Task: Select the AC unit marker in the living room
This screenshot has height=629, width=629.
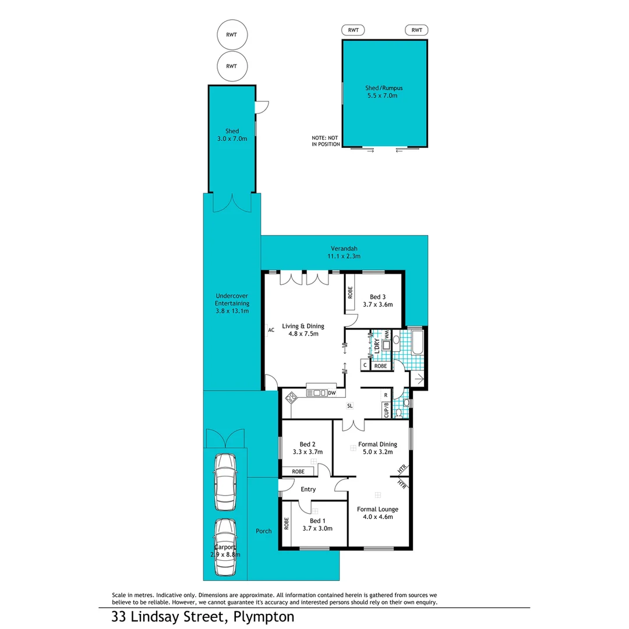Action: (271, 330)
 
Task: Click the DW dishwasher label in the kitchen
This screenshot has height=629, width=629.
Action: (331, 393)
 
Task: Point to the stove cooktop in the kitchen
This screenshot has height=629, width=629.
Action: (291, 398)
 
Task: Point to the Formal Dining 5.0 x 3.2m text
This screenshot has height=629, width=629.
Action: (377, 448)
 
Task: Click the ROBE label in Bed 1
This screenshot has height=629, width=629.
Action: (287, 524)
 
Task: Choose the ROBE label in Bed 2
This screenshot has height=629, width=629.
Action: (298, 471)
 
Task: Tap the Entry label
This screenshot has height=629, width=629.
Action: (308, 489)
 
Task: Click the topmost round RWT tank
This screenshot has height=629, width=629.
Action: (231, 35)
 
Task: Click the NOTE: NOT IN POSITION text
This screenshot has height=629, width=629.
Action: (326, 141)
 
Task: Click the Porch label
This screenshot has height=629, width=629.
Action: (263, 531)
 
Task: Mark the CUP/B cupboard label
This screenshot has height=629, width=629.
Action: (386, 410)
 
